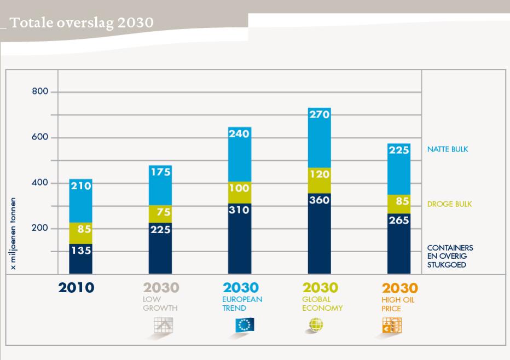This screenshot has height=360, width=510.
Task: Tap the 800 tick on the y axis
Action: [x=40, y=92]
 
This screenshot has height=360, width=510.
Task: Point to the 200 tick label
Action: [x=40, y=228]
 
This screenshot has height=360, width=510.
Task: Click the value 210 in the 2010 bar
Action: [x=81, y=186]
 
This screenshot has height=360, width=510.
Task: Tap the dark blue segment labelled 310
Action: [x=240, y=239]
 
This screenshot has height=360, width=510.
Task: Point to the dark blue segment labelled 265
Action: [x=399, y=243]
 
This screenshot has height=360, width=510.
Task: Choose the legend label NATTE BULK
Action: [x=447, y=149]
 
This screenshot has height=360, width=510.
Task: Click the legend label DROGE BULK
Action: [x=449, y=204]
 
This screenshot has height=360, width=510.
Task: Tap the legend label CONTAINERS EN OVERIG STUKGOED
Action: [x=450, y=256]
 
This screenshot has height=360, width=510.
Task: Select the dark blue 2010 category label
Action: [x=76, y=288]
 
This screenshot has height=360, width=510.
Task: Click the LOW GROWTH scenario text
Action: [x=160, y=304]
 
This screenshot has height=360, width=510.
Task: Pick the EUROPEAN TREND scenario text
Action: [x=242, y=304]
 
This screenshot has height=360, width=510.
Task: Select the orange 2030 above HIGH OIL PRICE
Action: [x=399, y=288]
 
